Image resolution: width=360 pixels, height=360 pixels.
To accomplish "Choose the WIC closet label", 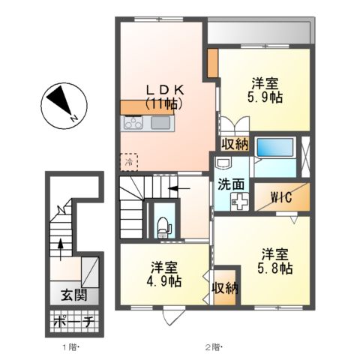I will [x=281, y=198].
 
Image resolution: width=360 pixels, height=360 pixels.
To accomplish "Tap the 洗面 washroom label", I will [x=230, y=182].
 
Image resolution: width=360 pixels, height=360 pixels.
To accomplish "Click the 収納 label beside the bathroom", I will [x=234, y=143].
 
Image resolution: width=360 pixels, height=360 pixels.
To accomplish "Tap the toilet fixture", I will [x=161, y=223].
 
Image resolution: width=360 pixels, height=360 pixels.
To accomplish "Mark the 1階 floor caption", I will [x=67, y=347].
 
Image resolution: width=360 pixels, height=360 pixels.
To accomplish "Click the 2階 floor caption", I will [x=214, y=347].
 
